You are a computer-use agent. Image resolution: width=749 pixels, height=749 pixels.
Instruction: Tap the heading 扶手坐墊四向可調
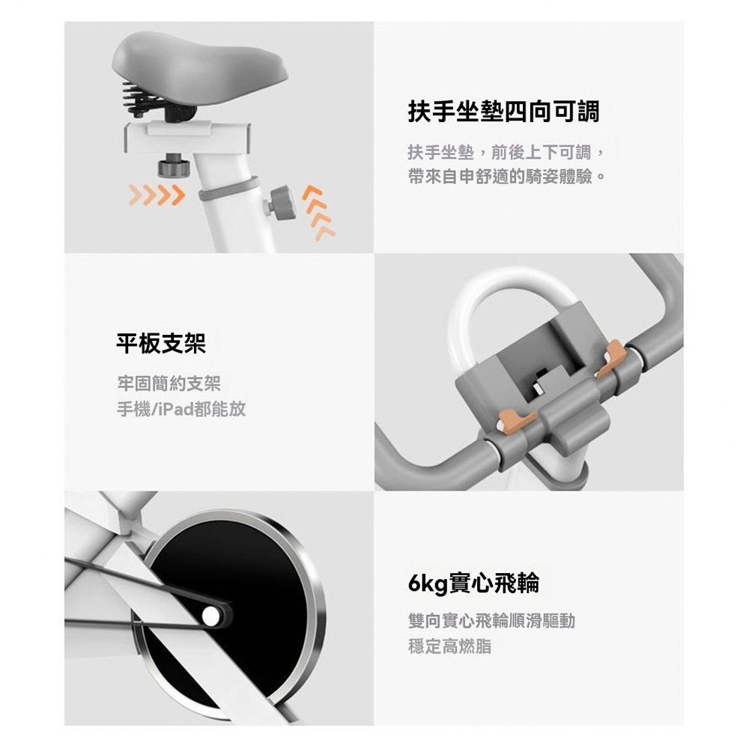[503, 112]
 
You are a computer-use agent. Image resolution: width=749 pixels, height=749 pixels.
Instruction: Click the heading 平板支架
[160, 344]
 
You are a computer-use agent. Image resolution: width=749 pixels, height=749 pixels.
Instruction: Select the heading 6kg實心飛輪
[473, 583]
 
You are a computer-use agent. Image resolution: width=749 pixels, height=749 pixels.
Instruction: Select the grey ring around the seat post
[228, 189]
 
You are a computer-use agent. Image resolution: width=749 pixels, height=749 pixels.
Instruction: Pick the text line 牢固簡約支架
[169, 384]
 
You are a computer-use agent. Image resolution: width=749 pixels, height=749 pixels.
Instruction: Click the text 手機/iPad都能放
[181, 409]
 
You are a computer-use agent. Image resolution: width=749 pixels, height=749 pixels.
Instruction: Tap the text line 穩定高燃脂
[449, 646]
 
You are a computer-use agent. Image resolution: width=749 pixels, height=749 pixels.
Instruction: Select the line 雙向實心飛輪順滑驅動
[491, 622]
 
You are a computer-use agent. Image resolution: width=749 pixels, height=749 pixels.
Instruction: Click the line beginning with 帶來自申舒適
[507, 178]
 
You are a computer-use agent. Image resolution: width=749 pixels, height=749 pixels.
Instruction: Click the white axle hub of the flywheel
[213, 616]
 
